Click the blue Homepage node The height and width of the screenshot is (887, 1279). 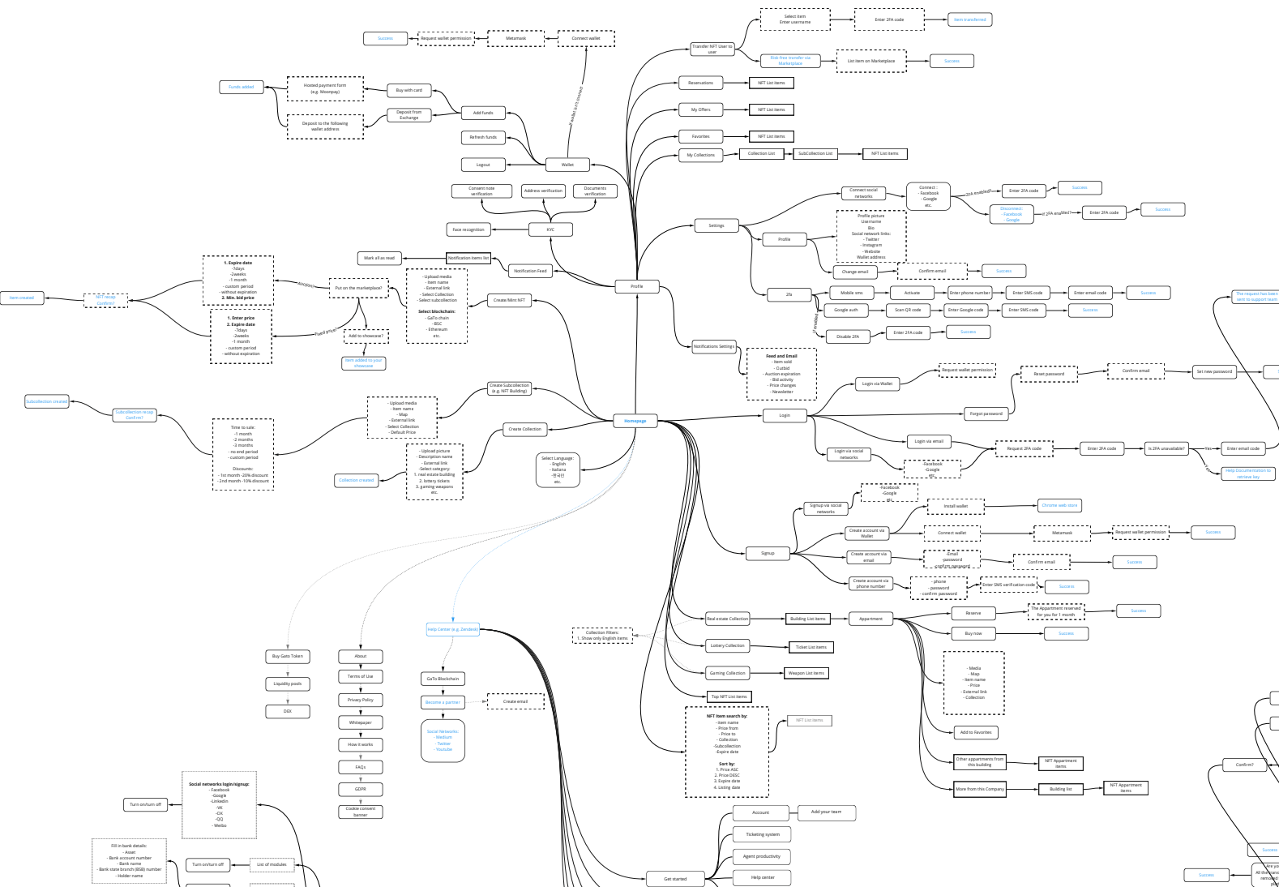coord(635,421)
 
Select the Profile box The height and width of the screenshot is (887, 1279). coord(636,286)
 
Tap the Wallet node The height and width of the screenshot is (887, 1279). coord(567,165)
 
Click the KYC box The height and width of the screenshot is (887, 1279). coord(550,229)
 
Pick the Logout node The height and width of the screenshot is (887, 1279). coord(483,165)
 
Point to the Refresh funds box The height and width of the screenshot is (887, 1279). coord(483,137)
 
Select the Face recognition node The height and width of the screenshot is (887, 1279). coord(468,229)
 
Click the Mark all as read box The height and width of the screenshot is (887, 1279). coord(379,258)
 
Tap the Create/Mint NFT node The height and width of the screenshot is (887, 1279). coord(509,300)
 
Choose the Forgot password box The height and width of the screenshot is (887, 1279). coord(986,414)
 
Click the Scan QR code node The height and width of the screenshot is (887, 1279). coord(907,310)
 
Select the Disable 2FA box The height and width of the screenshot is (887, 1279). coord(848,336)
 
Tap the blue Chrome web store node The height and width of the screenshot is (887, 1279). coord(1059,505)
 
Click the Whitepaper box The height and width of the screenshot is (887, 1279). coord(360,722)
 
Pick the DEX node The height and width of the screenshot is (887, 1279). coord(288,711)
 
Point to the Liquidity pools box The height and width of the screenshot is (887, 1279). coord(288,683)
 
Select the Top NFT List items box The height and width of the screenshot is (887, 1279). coord(729,696)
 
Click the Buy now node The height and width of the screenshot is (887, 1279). coord(973,633)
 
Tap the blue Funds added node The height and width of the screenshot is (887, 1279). coord(241,87)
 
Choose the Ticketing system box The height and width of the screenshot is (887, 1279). coord(762,834)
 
